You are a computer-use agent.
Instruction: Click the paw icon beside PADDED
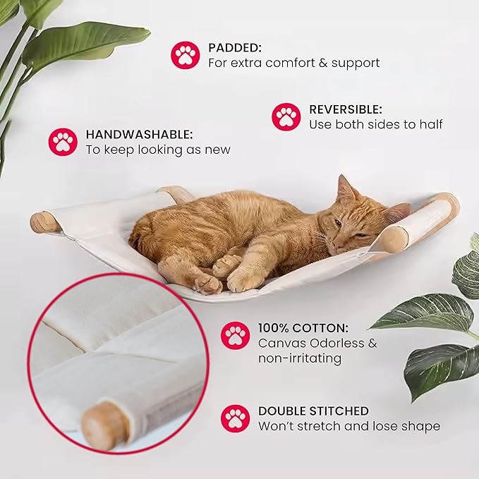pos(185,54)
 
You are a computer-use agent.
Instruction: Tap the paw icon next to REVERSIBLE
pos(286,116)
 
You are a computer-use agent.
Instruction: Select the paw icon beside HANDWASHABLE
pos(63,141)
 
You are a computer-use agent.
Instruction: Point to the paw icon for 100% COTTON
pos(235,336)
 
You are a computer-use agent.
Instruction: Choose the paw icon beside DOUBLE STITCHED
pos(235,418)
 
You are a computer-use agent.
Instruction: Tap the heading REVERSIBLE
pos(346,109)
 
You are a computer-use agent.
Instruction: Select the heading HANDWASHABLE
pos(139,134)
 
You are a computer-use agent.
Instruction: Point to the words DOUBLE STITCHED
pos(313,411)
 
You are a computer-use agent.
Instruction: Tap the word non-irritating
pos(300,358)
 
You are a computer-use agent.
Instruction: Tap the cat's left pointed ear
pos(345,188)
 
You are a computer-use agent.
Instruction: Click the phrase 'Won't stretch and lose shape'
pos(348,426)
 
